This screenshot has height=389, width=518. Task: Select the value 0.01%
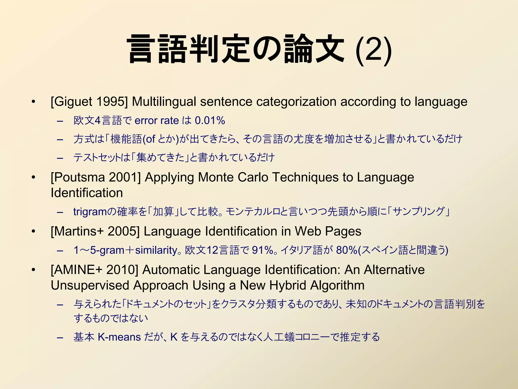point(210,121)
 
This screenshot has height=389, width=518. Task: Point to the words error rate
point(157,121)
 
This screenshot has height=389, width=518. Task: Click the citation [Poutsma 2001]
point(96,177)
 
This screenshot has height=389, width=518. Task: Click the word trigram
point(90,211)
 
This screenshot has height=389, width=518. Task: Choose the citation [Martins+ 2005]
point(95,231)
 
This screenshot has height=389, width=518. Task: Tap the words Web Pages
point(328,231)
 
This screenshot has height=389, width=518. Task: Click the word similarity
point(156,250)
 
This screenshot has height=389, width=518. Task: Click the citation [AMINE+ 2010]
point(94,269)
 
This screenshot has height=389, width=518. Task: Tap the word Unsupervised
point(90,285)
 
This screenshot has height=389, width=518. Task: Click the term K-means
point(119,337)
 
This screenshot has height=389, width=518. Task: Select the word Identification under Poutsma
point(87,193)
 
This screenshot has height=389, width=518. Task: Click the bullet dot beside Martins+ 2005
point(33,231)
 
